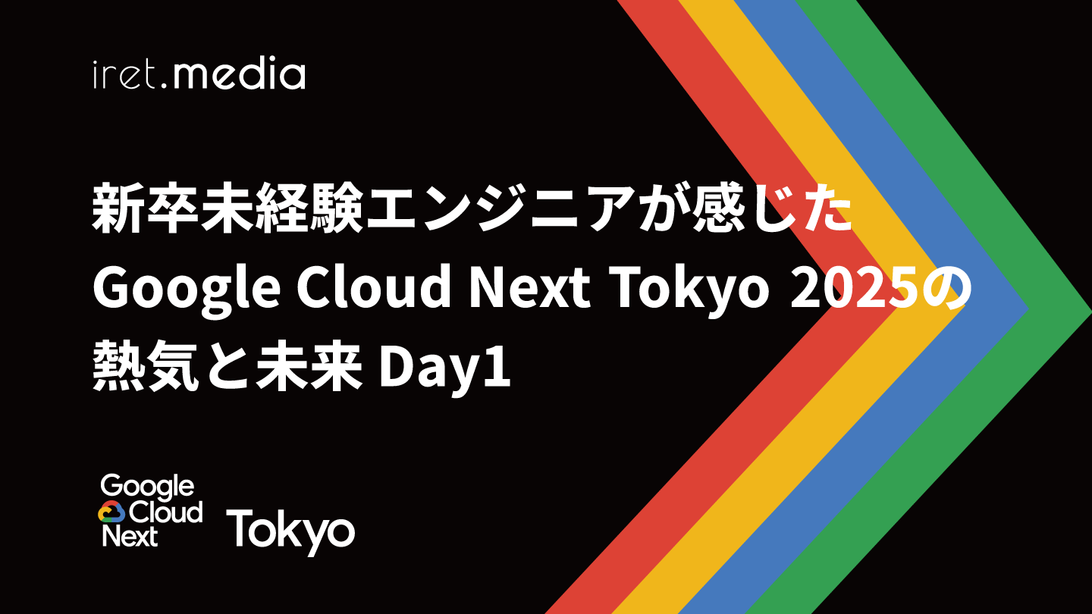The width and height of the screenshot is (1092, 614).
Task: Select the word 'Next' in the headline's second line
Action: pos(529,290)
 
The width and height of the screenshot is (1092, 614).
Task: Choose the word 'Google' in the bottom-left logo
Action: pos(147,488)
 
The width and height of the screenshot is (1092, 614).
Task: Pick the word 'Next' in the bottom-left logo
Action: pos(130,536)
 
